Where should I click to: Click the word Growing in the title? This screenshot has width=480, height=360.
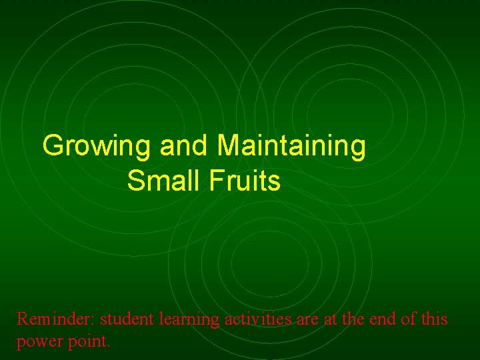[x=97, y=146]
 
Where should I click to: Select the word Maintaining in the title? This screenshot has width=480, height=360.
[x=291, y=146]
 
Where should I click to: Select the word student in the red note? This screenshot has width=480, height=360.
[x=127, y=319]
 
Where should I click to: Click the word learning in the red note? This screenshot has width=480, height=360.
[x=189, y=321]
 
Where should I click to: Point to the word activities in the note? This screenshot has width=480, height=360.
[x=257, y=319]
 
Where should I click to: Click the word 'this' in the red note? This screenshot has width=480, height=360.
[x=435, y=319]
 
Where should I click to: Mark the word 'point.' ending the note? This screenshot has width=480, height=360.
[x=91, y=342]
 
